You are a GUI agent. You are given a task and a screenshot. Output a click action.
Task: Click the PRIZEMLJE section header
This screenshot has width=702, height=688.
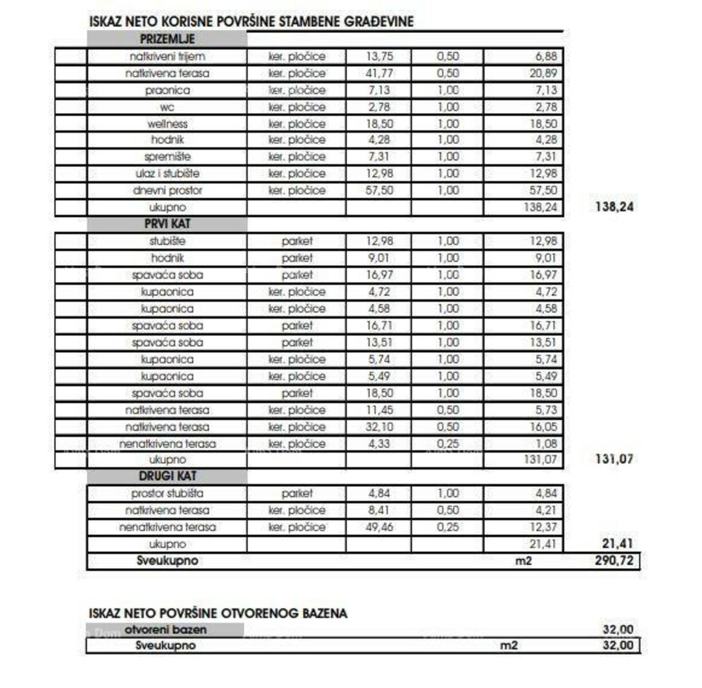167,40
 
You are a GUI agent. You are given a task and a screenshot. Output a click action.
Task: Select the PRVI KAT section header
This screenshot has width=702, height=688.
167,224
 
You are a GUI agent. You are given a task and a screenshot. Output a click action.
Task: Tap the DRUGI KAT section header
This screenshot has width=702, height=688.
167,476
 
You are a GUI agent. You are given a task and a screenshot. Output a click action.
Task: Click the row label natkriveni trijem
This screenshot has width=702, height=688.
167,57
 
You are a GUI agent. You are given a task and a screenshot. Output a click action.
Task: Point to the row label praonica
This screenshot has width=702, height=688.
167,91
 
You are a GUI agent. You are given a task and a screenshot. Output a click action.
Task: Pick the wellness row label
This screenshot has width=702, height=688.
167,124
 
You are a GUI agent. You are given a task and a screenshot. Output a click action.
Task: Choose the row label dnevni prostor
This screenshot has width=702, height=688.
167,190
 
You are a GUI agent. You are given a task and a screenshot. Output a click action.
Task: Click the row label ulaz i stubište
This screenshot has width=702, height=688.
167,174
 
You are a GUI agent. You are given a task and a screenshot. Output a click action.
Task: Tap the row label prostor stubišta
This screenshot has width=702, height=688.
167,493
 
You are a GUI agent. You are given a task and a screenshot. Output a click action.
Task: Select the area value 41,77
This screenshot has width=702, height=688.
379,73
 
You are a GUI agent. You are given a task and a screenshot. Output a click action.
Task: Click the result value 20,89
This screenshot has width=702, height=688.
543,73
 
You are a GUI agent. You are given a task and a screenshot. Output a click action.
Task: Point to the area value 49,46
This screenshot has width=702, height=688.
379,527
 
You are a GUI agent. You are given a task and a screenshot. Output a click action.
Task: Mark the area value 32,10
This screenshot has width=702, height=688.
379,427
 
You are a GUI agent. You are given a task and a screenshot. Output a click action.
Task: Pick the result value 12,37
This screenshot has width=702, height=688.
543,527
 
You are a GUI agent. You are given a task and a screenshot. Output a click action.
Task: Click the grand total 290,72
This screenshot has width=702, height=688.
614,560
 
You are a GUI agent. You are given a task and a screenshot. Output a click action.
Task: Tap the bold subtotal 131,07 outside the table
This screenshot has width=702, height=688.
614,459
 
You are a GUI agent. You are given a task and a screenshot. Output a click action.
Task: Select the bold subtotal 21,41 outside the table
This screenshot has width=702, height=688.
614,544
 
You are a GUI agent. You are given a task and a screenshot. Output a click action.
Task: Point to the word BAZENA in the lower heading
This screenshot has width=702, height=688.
322,613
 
